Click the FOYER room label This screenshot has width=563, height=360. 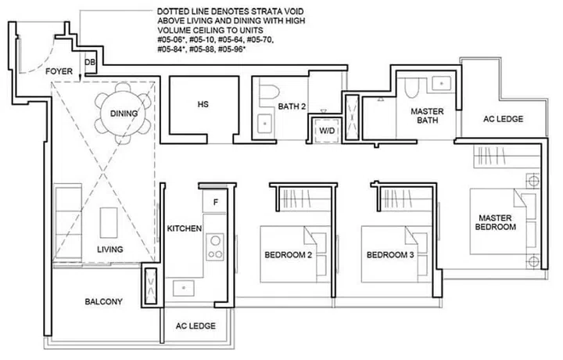[59, 71]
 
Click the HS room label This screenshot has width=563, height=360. [203, 104]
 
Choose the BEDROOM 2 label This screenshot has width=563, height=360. [288, 255]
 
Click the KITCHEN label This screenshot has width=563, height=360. [185, 229]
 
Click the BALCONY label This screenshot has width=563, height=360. [103, 301]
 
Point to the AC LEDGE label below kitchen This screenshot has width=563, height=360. [195, 326]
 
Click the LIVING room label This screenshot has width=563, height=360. [110, 249]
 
